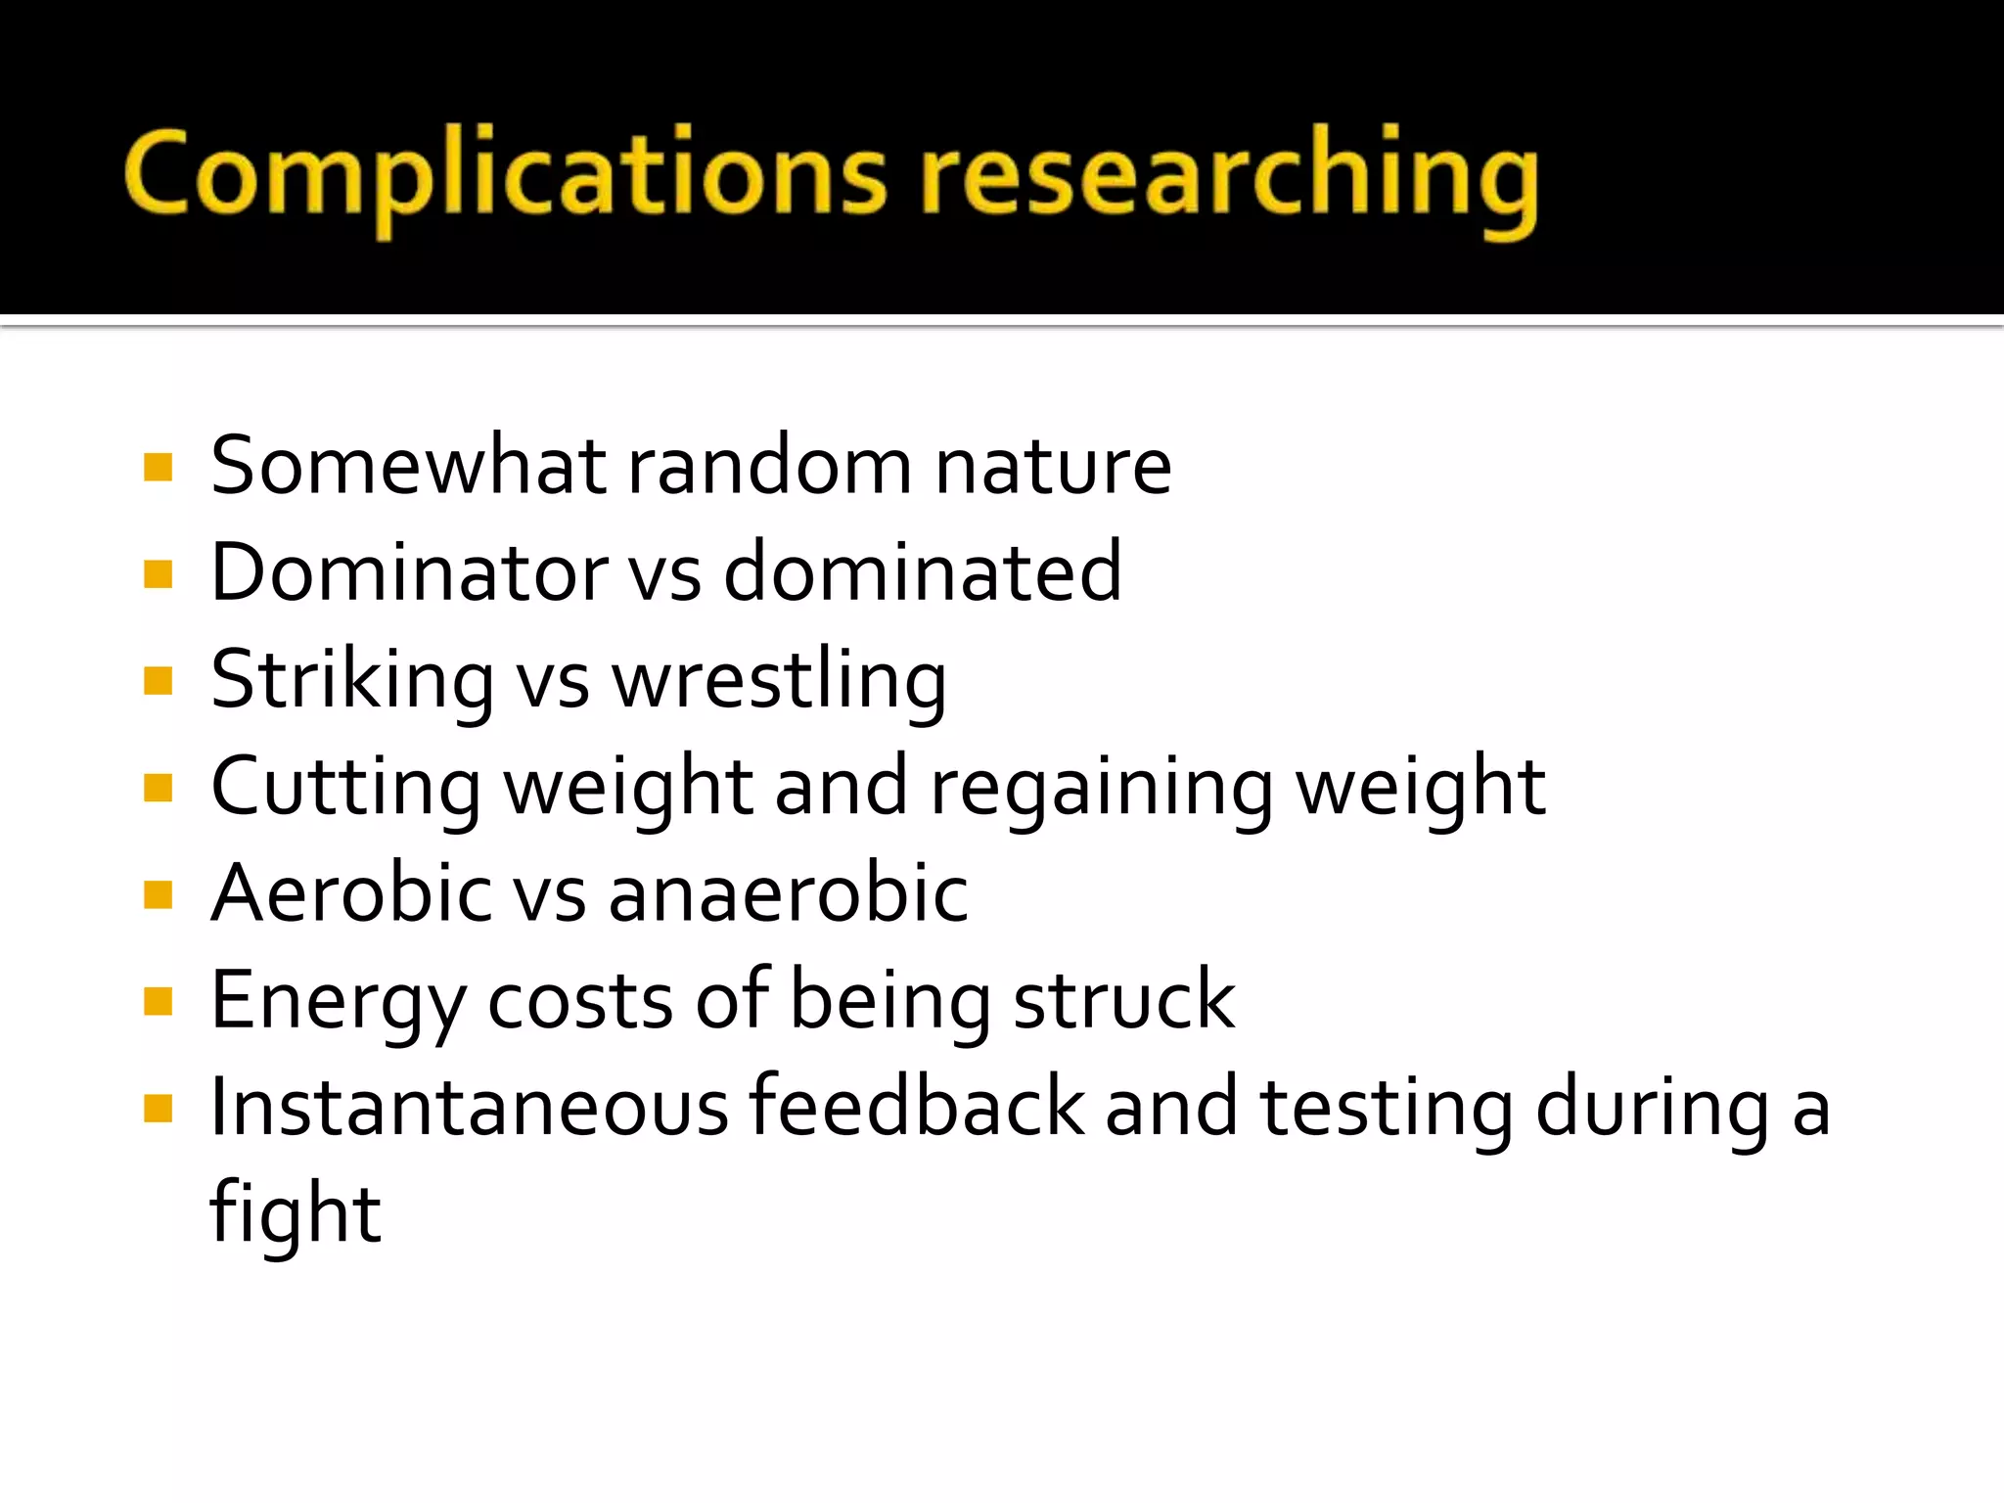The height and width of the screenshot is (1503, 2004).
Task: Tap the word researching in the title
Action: (1227, 176)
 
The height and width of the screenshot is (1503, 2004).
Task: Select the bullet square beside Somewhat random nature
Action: (158, 467)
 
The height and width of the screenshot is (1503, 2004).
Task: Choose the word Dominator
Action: (409, 572)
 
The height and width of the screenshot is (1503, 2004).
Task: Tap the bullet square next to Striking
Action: (158, 680)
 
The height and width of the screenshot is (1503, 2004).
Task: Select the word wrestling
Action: (779, 680)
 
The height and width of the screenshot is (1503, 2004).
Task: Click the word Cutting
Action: (345, 788)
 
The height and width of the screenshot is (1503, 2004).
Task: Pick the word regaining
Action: (1101, 788)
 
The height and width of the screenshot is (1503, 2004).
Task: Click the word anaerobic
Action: (788, 893)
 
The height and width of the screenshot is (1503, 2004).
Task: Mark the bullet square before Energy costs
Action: (158, 1001)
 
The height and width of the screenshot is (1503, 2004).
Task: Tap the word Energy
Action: (338, 1001)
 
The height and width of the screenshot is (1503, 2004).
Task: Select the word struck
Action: (1124, 1001)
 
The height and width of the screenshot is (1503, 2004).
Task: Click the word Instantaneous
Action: (470, 1108)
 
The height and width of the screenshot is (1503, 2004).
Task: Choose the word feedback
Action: (917, 1108)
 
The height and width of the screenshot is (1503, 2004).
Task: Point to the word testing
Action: (1387, 1108)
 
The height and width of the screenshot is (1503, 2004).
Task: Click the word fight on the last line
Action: (295, 1214)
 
